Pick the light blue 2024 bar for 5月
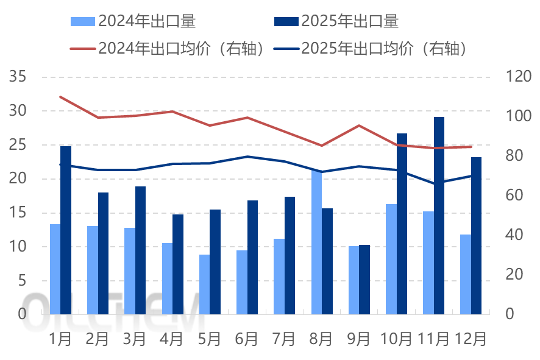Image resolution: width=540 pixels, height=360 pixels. click(x=204, y=284)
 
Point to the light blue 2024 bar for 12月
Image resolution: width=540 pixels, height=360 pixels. click(x=466, y=274)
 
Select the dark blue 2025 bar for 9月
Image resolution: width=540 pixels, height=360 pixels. click(x=364, y=280)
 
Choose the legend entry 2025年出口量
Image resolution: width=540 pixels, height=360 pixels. click(x=349, y=21)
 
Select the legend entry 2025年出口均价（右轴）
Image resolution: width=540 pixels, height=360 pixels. click(x=385, y=48)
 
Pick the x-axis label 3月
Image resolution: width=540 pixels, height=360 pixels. click(x=135, y=338)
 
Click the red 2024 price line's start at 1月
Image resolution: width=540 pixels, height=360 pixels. click(x=60, y=96)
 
